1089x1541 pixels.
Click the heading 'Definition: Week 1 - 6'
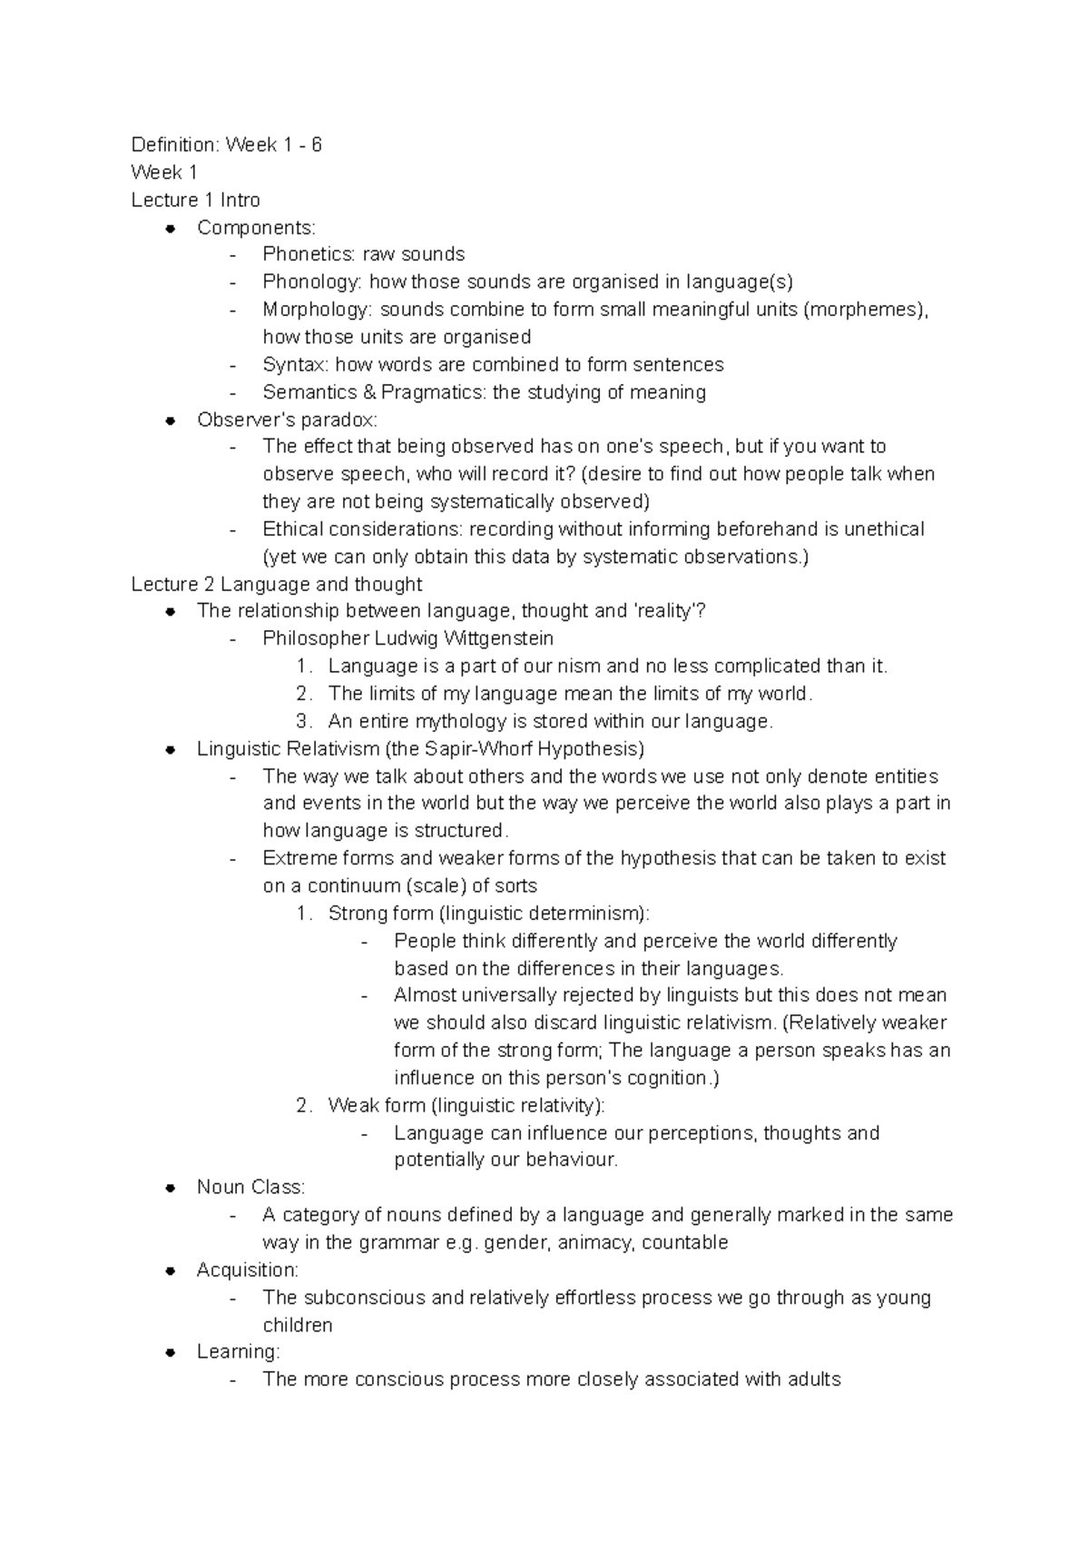pyautogui.click(x=226, y=145)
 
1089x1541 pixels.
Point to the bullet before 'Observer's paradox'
pyautogui.click(x=170, y=420)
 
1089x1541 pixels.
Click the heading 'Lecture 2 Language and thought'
pyautogui.click(x=277, y=584)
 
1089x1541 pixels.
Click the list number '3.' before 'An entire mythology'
pyautogui.click(x=304, y=722)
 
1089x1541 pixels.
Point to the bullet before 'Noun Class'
pyautogui.click(x=170, y=1188)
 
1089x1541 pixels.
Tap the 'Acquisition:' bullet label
pyautogui.click(x=247, y=1270)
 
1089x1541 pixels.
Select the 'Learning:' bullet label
pyautogui.click(x=238, y=1352)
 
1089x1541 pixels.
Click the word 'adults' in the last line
pyautogui.click(x=813, y=1380)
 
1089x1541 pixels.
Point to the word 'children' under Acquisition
pyautogui.click(x=297, y=1326)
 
